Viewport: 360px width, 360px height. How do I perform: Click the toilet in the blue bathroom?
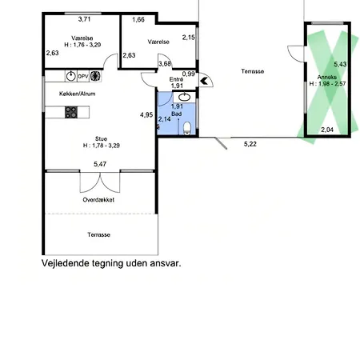tap(187, 128)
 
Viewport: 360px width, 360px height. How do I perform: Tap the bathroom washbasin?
tap(184, 98)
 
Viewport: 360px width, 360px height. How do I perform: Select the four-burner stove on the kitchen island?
tap(71, 112)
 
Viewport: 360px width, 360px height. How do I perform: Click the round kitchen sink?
tap(71, 76)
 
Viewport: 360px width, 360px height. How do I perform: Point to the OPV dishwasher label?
tap(83, 76)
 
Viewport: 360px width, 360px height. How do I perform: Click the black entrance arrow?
tap(204, 81)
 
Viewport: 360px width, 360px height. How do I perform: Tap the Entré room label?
tap(176, 79)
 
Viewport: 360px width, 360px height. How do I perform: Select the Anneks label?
tap(327, 77)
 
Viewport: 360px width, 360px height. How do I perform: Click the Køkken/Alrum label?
tap(77, 94)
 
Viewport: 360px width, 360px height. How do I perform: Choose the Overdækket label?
tap(98, 200)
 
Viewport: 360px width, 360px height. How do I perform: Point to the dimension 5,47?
tap(100, 164)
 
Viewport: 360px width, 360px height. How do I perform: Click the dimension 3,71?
tap(84, 19)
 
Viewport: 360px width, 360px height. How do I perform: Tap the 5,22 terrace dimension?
tap(250, 144)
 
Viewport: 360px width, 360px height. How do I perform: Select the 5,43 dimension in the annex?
tap(340, 64)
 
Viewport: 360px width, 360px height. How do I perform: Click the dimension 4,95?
tap(146, 115)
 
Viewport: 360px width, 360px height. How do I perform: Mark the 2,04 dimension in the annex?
tap(327, 130)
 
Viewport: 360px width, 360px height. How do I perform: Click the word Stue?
tap(101, 138)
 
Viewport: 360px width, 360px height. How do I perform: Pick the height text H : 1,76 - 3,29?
tap(82, 45)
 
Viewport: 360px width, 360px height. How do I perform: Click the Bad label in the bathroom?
tap(177, 114)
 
